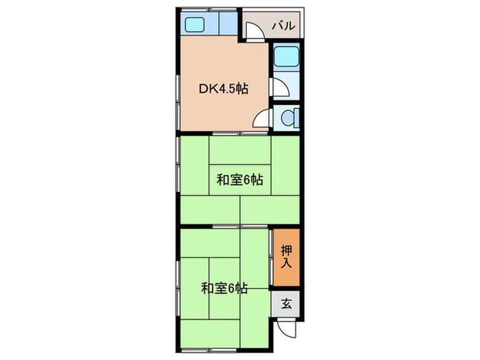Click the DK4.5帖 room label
coord(224,88)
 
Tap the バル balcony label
coord(283,27)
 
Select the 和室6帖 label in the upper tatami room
coord(240,180)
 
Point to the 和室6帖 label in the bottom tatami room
coord(224,289)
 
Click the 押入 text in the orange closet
coord(287,255)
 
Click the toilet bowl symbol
coord(287,118)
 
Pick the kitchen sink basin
coord(195,27)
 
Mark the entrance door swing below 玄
coord(289,329)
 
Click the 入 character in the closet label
coord(287,263)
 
